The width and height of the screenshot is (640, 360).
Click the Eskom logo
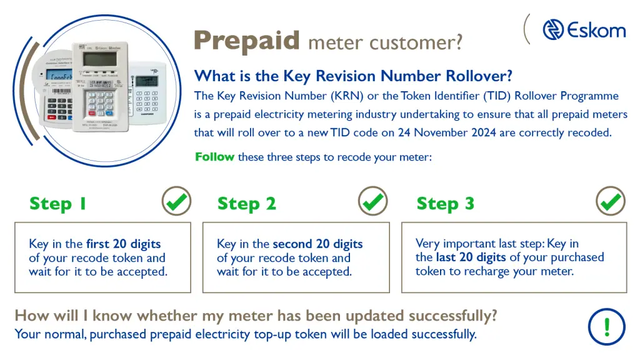click(x=583, y=29)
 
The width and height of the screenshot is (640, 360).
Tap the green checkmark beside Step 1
click(x=176, y=202)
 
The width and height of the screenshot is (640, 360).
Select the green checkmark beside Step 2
click(x=373, y=202)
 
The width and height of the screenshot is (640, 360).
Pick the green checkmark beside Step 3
click(x=611, y=202)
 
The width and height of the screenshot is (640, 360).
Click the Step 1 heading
click(x=58, y=204)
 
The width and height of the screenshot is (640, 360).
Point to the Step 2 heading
click(x=246, y=204)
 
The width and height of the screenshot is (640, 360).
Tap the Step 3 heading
click(x=445, y=204)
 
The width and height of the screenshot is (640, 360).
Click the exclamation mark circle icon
click(x=606, y=326)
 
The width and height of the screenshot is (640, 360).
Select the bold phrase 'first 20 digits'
click(x=123, y=244)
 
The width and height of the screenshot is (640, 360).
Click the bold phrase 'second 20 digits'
click(x=317, y=244)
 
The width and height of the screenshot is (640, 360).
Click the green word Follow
click(x=215, y=157)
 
